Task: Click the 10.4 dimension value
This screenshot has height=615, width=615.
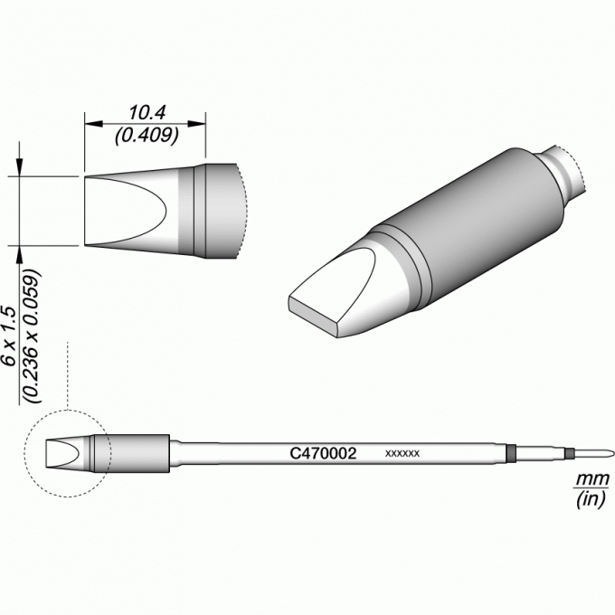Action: click(147, 113)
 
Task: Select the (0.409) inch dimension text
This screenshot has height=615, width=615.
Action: click(147, 136)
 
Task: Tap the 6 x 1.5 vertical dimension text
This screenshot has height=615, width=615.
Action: click(9, 336)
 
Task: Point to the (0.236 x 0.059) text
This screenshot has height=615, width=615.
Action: click(32, 336)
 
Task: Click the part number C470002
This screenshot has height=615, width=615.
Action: click(323, 453)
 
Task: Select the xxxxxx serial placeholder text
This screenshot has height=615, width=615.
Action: click(402, 454)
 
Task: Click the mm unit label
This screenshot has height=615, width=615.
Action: click(591, 479)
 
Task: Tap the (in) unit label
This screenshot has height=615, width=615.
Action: click(591, 499)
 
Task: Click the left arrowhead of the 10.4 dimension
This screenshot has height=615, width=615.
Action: click(94, 124)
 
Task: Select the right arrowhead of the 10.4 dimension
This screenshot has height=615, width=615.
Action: click(197, 124)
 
